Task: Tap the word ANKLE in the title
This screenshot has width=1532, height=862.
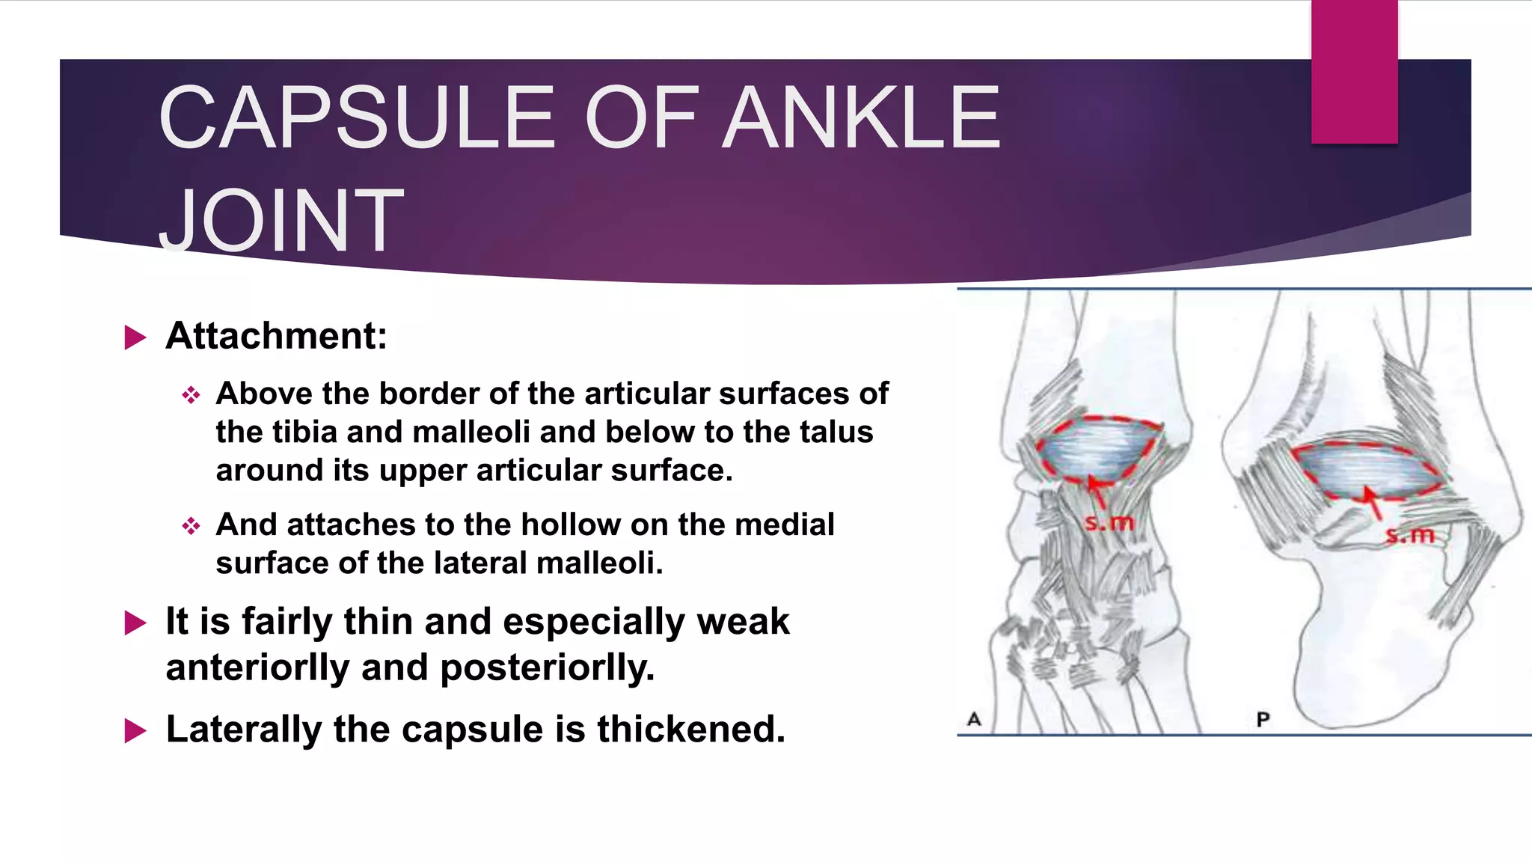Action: click(864, 117)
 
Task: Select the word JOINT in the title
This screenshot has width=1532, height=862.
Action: click(281, 221)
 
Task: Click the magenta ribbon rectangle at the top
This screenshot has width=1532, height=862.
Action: click(1354, 72)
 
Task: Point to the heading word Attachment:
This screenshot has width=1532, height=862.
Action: click(276, 335)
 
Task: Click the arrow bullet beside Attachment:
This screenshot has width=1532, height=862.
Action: click(135, 337)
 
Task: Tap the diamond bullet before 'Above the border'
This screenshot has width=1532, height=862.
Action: click(191, 395)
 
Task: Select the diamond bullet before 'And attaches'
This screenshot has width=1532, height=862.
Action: click(191, 526)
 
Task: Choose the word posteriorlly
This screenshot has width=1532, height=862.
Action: click(547, 667)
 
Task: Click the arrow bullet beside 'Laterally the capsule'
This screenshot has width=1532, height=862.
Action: click(135, 730)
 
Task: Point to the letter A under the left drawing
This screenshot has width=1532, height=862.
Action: click(974, 719)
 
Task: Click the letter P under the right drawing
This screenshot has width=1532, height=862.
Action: click(1263, 720)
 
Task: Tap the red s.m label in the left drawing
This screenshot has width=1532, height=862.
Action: click(1109, 523)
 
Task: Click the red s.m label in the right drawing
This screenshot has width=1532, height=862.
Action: click(1409, 535)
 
